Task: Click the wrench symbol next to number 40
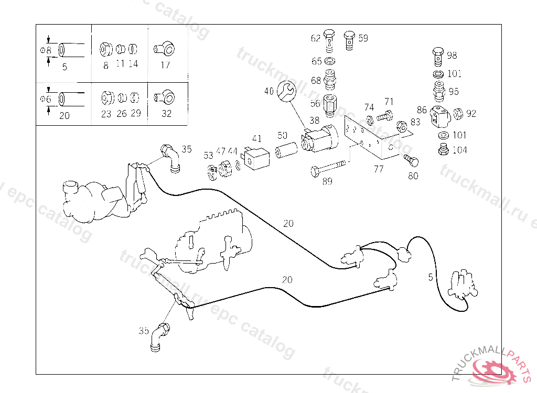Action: [286, 91]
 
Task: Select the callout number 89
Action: [327, 181]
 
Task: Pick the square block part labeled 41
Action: [256, 158]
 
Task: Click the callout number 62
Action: [315, 38]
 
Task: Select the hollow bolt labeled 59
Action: [350, 40]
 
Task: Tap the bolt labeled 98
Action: [438, 55]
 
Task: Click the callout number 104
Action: [459, 150]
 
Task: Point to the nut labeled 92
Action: [457, 114]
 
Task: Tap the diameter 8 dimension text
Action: [46, 50]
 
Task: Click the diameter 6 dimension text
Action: [46, 99]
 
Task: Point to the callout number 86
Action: [422, 110]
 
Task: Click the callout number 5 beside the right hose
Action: [431, 277]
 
